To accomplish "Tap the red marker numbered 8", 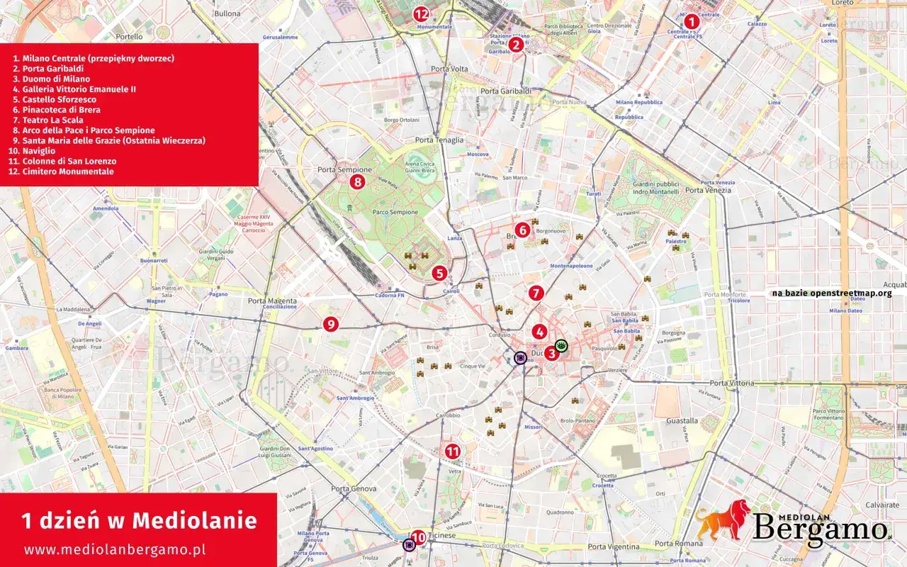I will [358, 182].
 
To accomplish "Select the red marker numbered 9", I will [330, 324].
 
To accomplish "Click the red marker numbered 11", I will [452, 451].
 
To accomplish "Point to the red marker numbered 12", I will [422, 13].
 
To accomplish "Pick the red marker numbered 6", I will [522, 230].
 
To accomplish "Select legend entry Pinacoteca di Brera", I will [61, 110].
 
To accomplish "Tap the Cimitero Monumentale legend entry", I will [67, 172].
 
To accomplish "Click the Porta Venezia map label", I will [708, 190].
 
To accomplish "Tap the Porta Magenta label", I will [272, 301].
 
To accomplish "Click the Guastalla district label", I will [682, 420].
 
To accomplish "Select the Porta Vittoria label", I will [732, 383].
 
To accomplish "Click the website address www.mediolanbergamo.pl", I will [115, 549].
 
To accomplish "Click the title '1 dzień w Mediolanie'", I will [139, 521].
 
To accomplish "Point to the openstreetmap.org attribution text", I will [832, 293].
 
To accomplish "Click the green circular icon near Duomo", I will [562, 346].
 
